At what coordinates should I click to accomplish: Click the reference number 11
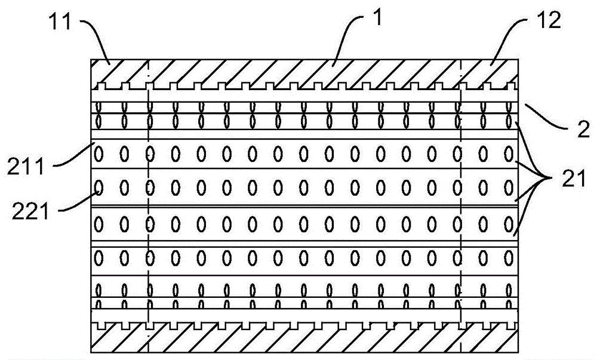click(60, 21)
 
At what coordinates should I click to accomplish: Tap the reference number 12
click(548, 20)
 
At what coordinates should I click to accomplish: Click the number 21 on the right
click(574, 179)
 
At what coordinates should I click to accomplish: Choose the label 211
click(26, 166)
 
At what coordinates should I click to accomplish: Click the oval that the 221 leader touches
click(99, 187)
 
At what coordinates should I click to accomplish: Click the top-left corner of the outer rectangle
click(91, 59)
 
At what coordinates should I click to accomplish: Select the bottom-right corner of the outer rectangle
click(518, 352)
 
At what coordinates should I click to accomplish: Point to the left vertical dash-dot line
click(148, 206)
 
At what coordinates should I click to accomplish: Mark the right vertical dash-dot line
click(460, 206)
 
